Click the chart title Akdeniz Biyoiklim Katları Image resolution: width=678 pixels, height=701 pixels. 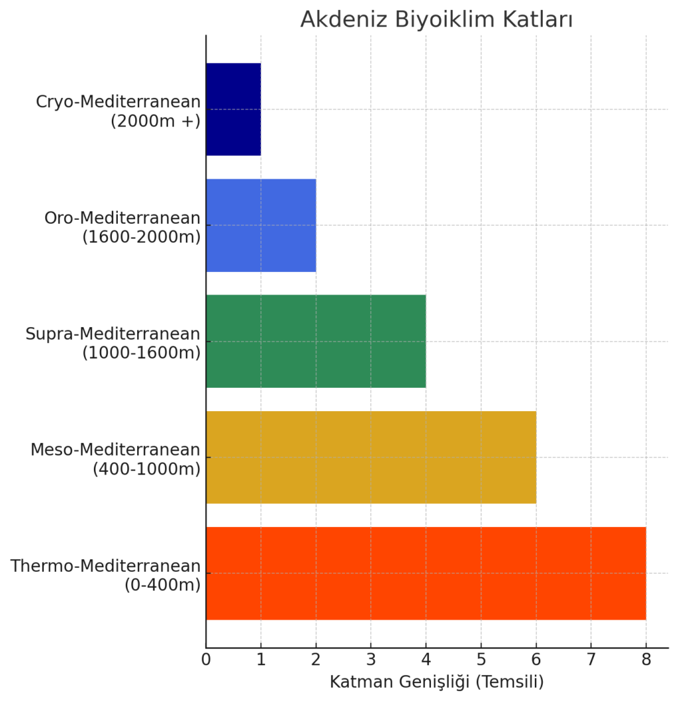[436, 20]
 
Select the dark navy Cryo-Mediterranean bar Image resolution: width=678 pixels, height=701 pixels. [233, 109]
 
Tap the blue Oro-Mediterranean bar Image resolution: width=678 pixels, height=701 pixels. [261, 225]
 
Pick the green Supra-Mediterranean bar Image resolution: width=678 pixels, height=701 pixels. [316, 341]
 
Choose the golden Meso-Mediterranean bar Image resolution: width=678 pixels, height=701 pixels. [371, 457]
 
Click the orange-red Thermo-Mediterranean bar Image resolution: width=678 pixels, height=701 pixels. [426, 573]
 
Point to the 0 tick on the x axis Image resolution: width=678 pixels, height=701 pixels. [206, 660]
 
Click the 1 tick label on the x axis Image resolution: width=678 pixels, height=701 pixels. [261, 660]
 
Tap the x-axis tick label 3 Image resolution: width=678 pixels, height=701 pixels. [371, 660]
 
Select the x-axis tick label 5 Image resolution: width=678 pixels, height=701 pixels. [481, 660]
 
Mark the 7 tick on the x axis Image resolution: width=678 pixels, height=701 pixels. [591, 660]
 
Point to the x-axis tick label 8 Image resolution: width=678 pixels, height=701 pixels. [646, 660]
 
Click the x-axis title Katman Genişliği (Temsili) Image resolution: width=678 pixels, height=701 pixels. [436, 682]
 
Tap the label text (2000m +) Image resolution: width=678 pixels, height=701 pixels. [156, 120]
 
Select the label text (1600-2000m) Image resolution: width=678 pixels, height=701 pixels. [141, 236]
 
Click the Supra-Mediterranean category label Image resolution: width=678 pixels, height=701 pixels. [113, 334]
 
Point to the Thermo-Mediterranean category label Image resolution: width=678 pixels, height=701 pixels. [105, 566]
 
